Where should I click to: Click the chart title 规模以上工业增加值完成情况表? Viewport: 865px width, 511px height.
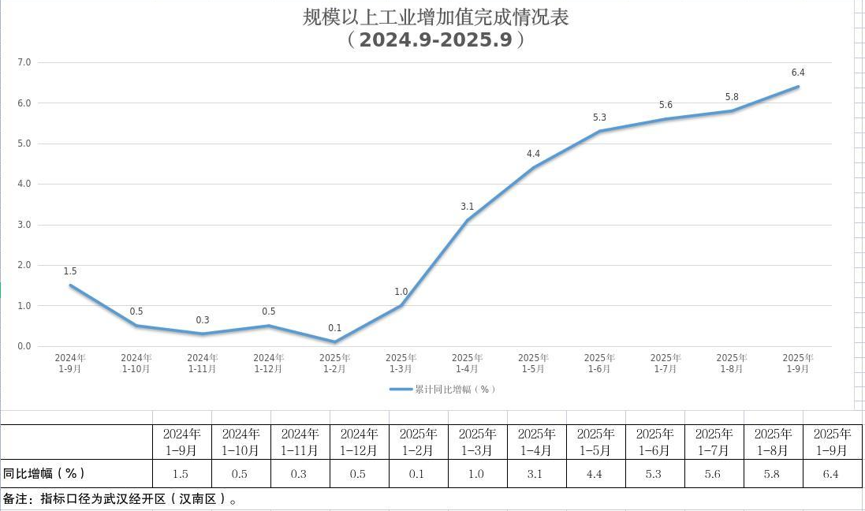[x=435, y=17]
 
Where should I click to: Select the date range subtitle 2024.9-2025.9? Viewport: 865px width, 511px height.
[x=435, y=39]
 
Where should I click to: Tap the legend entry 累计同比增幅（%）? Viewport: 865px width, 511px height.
[x=444, y=389]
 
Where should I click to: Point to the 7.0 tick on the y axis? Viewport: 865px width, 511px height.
[x=24, y=62]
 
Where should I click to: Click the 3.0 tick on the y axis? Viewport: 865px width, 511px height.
[x=24, y=225]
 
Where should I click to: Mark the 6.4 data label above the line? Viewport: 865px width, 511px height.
[x=798, y=73]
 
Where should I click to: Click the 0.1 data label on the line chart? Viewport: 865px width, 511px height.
[x=335, y=328]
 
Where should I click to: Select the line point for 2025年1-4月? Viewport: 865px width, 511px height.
[x=468, y=220]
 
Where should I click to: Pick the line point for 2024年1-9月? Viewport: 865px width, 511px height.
[x=70, y=285]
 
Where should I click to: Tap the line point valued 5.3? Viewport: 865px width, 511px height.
[x=600, y=131]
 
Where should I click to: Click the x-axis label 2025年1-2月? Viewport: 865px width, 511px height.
[x=335, y=363]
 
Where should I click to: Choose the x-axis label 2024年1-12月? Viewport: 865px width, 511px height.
[x=269, y=363]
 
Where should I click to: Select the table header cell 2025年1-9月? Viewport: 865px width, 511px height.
[x=833, y=442]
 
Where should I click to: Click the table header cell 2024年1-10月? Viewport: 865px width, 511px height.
[x=240, y=442]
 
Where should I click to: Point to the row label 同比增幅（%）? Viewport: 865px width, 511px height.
[x=43, y=473]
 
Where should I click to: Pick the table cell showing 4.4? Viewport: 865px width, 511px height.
[x=595, y=474]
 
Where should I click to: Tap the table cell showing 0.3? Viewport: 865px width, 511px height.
[x=300, y=474]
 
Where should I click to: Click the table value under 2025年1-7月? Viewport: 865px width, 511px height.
[x=714, y=474]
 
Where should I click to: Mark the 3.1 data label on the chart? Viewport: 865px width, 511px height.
[x=468, y=207]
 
